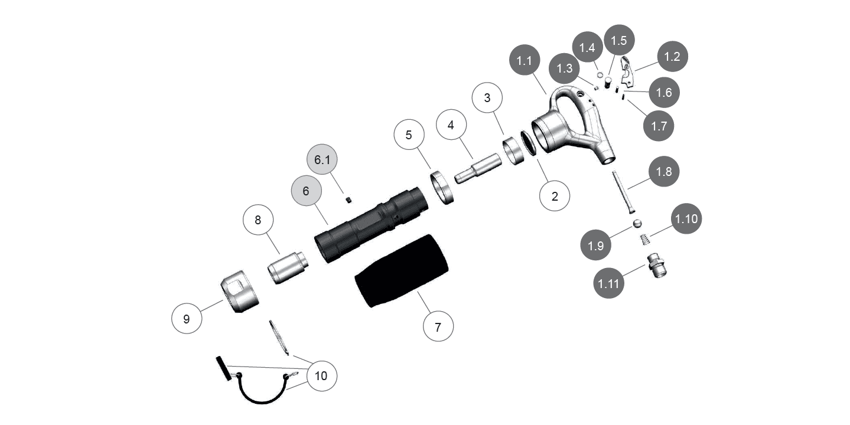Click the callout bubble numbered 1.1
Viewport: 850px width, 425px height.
(524, 61)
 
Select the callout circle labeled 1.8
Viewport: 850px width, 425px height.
(664, 171)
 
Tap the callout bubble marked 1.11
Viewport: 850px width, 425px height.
(608, 284)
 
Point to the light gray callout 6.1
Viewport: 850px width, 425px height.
(322, 160)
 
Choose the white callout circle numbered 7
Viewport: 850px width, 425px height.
(438, 327)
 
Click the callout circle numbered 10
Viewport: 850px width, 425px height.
(321, 375)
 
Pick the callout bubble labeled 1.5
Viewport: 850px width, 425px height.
(618, 40)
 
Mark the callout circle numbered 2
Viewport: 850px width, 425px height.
(555, 197)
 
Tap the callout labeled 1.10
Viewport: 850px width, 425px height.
(686, 219)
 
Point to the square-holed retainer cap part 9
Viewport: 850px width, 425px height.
(240, 292)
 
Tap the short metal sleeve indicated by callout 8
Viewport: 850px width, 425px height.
(287, 266)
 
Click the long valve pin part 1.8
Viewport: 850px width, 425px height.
(625, 192)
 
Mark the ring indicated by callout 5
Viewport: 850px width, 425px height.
(442, 186)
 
